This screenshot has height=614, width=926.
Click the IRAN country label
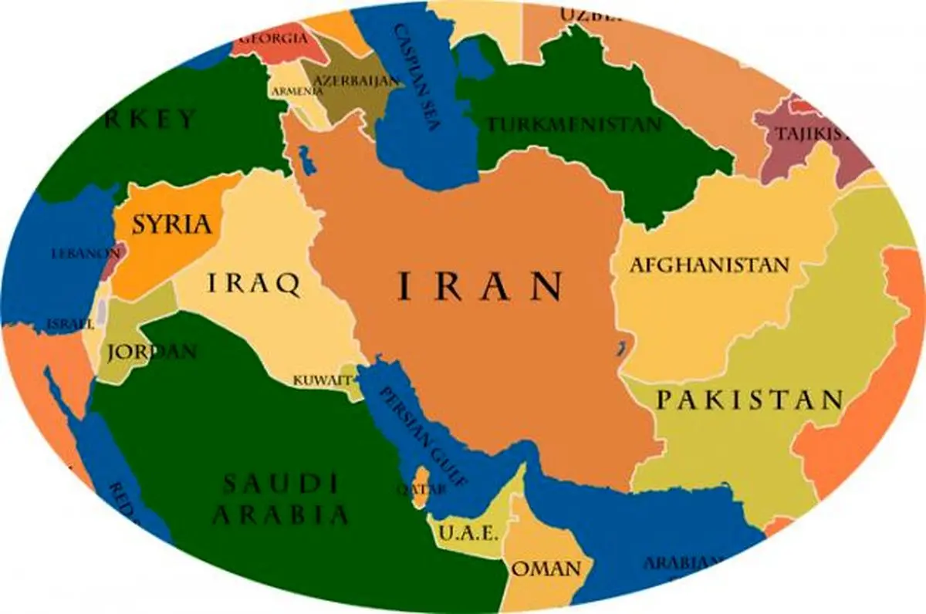tap(479, 287)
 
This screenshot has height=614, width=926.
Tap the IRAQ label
tap(253, 284)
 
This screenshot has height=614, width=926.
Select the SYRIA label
tap(171, 224)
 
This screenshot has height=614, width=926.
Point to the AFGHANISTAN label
tap(709, 265)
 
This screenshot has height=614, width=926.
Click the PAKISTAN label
tap(749, 400)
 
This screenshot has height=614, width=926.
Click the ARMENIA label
tap(297, 91)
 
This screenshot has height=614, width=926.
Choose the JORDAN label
tap(151, 353)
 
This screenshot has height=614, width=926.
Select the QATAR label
tap(409, 489)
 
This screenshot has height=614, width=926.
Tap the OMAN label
tap(546, 570)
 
